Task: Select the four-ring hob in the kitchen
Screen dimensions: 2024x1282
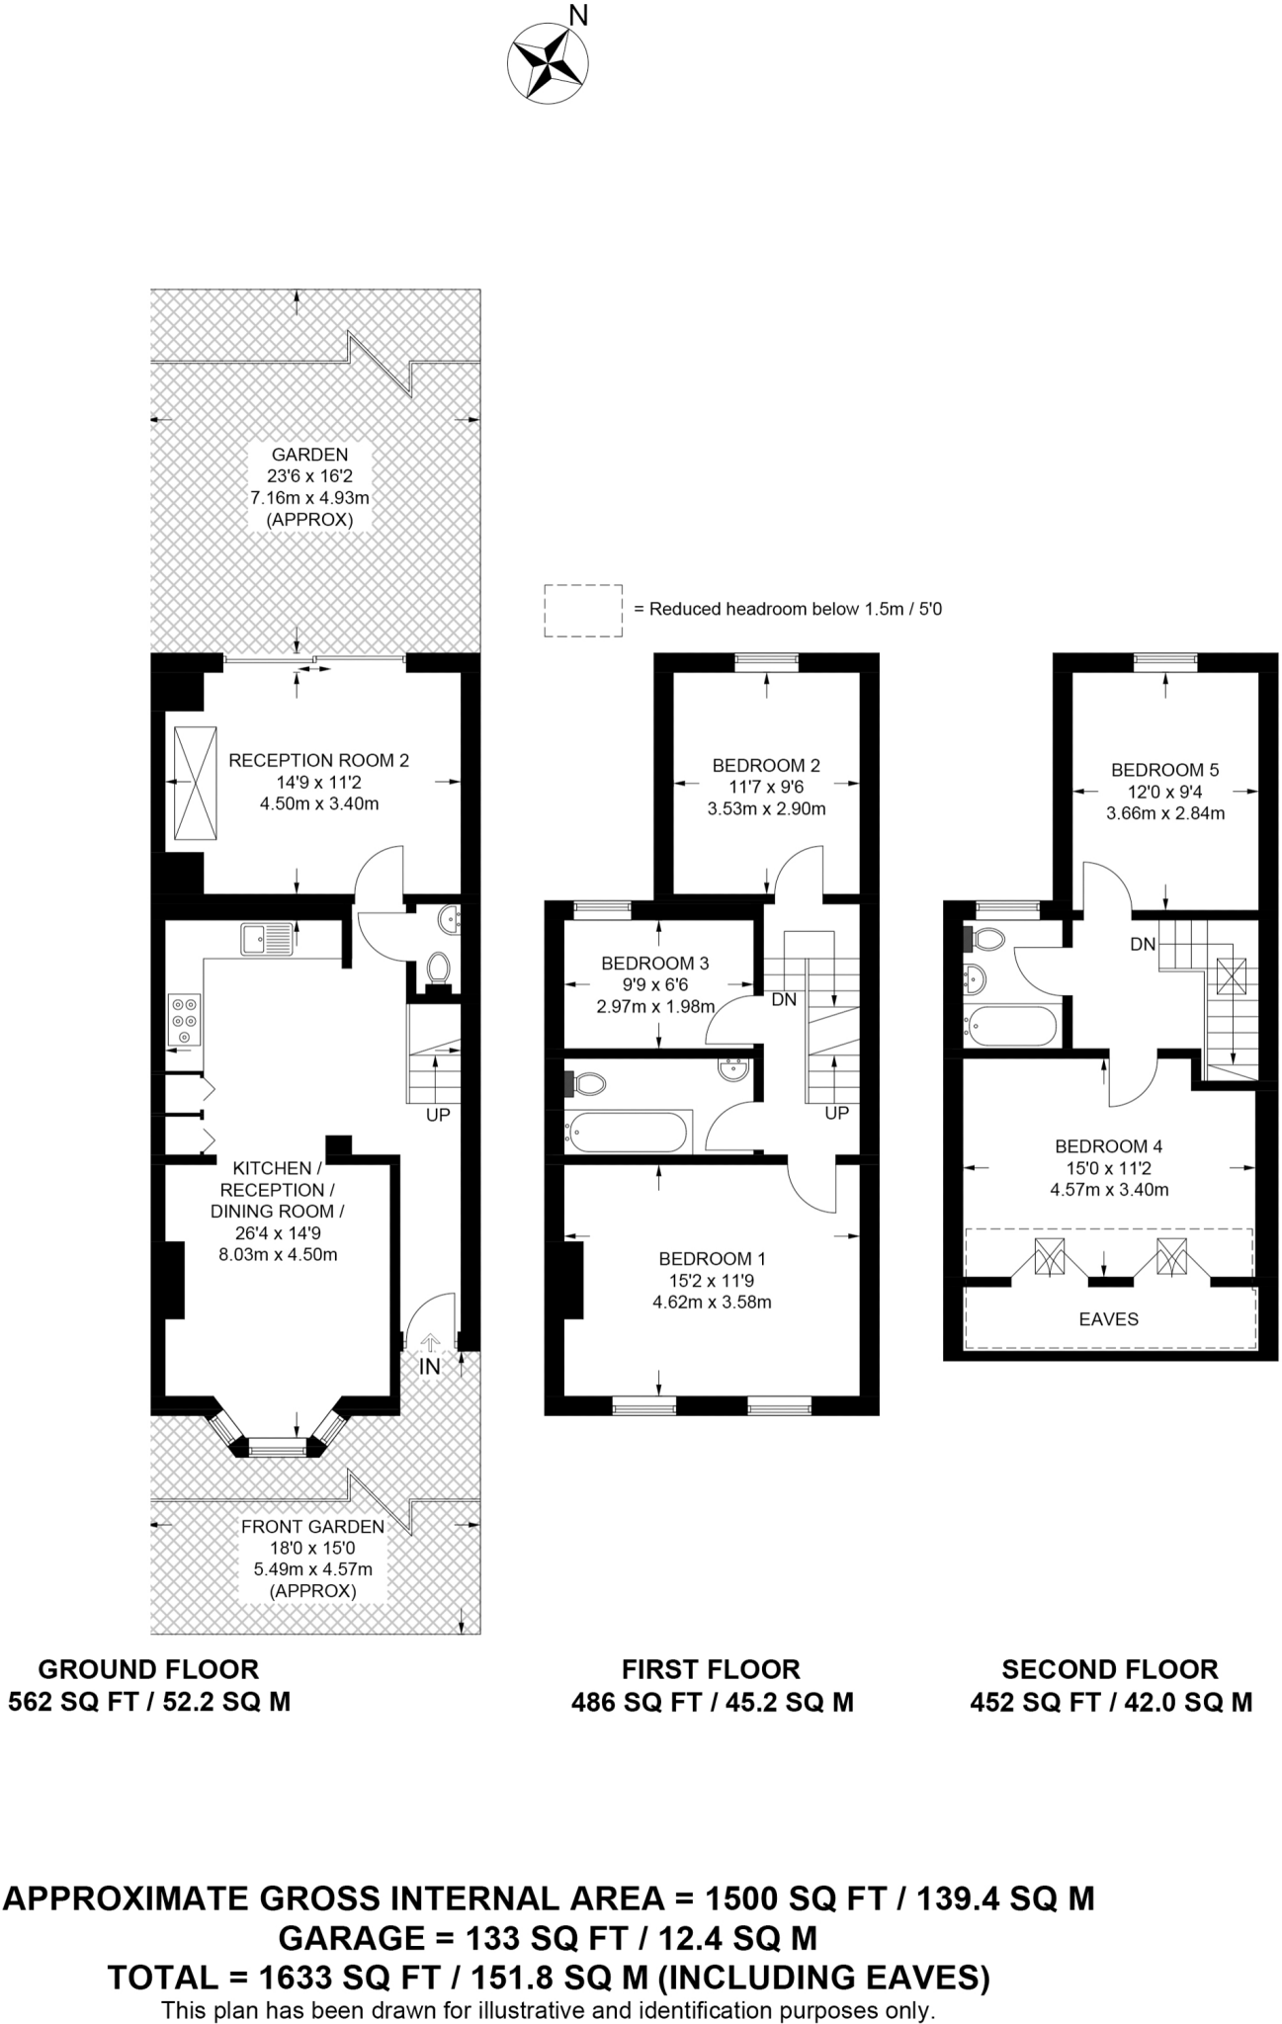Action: (184, 1018)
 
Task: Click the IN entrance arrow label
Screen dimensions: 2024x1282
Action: (430, 1367)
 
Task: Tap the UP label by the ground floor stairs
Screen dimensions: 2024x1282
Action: (437, 1115)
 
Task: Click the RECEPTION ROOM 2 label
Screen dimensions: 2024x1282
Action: (318, 760)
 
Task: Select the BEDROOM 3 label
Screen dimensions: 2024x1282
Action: (654, 963)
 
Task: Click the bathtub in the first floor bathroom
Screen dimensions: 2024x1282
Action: (626, 1132)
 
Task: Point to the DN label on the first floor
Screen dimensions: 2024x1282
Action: (784, 1000)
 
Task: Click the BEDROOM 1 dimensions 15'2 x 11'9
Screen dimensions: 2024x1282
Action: (712, 1281)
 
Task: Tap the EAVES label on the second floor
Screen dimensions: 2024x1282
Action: (1108, 1318)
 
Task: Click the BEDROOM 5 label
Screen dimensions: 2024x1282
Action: (1164, 770)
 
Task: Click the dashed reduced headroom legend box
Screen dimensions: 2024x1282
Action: (583, 610)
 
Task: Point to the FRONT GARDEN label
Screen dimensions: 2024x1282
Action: (312, 1526)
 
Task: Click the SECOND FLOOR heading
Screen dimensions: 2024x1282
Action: (1109, 1669)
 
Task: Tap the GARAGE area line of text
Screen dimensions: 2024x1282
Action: (548, 1937)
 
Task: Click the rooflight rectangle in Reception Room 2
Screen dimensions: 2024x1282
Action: (194, 784)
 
